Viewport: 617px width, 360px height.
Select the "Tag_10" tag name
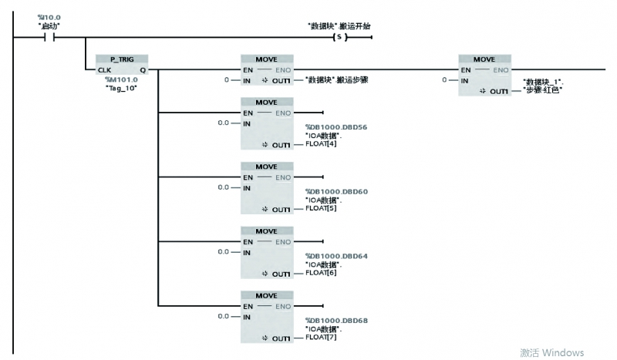pyautogui.click(x=120, y=87)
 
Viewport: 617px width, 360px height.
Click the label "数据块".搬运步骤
pyautogui.click(x=336, y=80)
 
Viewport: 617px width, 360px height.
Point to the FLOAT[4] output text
pyautogui.click(x=321, y=144)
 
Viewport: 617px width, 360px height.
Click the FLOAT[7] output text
pyautogui.click(x=321, y=338)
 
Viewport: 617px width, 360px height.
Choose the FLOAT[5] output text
pyautogui.click(x=321, y=209)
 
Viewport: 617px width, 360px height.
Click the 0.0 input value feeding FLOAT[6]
pyautogui.click(x=224, y=252)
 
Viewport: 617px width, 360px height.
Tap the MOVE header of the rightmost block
pyautogui.click(x=484, y=59)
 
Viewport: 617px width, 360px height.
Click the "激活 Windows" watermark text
pyautogui.click(x=551, y=352)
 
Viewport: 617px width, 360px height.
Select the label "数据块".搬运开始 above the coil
pyautogui.click(x=339, y=25)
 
